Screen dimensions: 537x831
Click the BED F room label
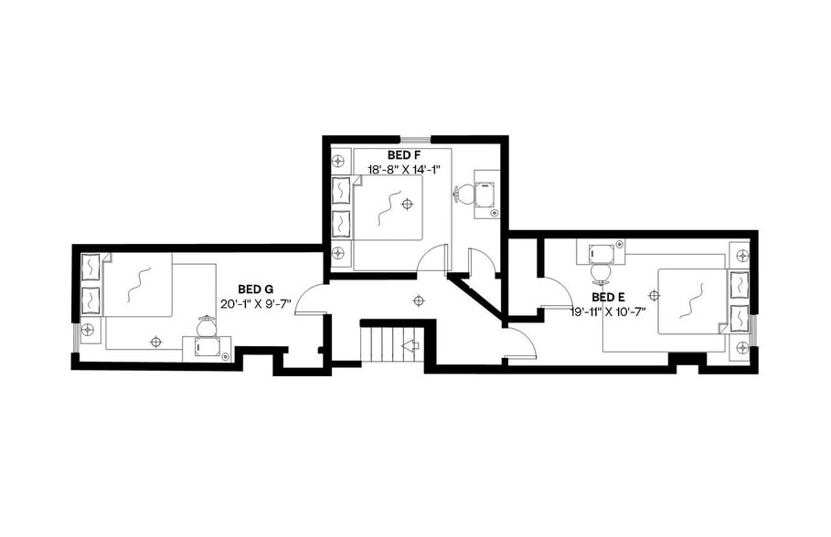pos(403,155)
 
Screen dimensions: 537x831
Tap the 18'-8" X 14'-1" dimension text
pos(403,169)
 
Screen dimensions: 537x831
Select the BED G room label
pos(255,289)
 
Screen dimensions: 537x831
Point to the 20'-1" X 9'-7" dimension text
pos(255,303)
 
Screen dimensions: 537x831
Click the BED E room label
pos(608,297)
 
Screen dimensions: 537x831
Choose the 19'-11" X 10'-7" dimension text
pos(609,311)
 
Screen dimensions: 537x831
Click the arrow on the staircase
pos(410,346)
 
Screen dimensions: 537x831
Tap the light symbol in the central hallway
pos(419,300)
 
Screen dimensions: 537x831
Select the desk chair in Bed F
pos(463,194)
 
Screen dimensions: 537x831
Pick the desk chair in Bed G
pos(208,326)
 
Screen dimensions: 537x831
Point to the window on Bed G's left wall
pos(76,335)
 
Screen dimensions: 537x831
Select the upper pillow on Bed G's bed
pos(91,268)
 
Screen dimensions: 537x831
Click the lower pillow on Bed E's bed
pos(739,317)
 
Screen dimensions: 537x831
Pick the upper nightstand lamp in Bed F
pos(338,161)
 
